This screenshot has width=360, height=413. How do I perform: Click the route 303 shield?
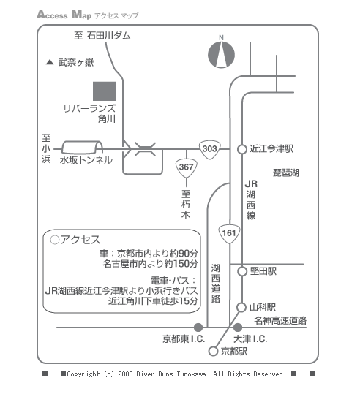[x=210, y=149]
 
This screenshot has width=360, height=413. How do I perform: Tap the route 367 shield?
[x=186, y=168]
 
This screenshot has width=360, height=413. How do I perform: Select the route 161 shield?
[x=229, y=234]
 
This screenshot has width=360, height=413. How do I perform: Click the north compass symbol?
[x=221, y=55]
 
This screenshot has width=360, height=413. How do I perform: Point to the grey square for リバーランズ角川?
[x=105, y=91]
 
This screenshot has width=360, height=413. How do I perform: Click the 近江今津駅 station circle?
[x=242, y=149]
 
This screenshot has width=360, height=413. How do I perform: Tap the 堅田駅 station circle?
[x=242, y=271]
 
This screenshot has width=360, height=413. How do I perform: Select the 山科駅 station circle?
[x=241, y=308]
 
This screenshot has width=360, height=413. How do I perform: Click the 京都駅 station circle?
[x=213, y=351]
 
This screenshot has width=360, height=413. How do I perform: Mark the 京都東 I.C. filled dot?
[x=198, y=327]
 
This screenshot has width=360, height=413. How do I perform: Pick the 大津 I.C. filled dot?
[x=238, y=327]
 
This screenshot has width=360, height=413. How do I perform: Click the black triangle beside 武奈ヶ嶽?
[x=50, y=62]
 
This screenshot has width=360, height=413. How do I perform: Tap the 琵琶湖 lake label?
[x=286, y=173]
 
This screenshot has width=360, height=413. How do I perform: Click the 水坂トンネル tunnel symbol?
[x=82, y=148]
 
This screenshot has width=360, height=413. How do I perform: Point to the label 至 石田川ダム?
[x=102, y=36]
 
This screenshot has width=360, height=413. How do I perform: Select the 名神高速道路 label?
[x=280, y=321]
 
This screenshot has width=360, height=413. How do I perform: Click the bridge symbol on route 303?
[x=145, y=149]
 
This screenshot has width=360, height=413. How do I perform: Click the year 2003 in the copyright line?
[x=125, y=374]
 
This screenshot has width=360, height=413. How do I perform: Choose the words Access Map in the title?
[x=64, y=15]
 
